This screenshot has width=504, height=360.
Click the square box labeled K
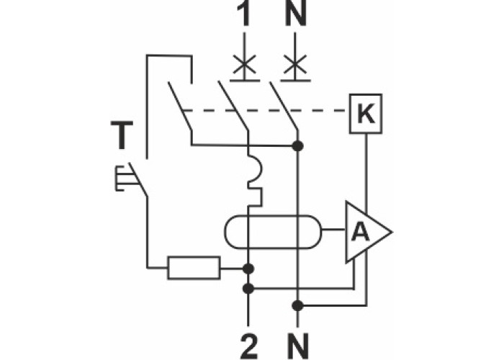click(366, 112)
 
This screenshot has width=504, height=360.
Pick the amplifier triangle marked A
click(364, 231)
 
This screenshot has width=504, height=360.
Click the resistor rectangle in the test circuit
click(194, 268)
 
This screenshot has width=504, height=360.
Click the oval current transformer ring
click(273, 231)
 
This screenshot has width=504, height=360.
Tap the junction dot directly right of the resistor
click(248, 269)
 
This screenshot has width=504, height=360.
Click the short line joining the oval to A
click(333, 231)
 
